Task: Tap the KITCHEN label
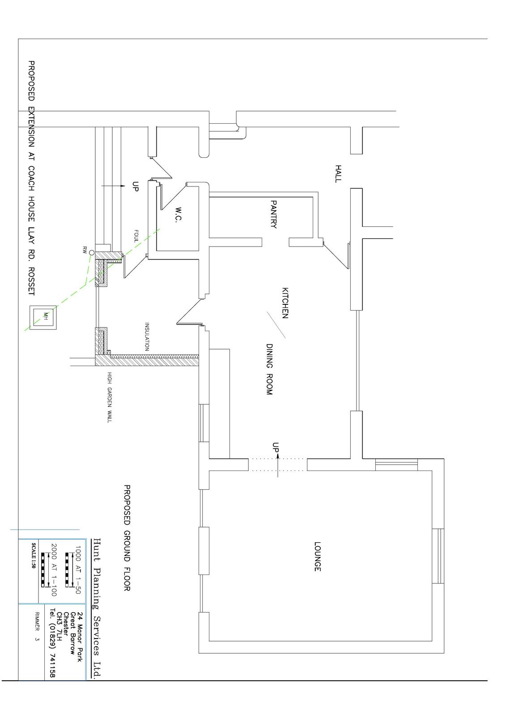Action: [x=285, y=303]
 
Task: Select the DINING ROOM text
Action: [x=269, y=369]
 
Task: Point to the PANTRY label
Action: [x=273, y=214]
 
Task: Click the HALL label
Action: [x=338, y=174]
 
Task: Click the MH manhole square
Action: [x=43, y=318]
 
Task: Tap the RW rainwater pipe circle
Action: [x=91, y=253]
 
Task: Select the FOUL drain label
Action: [x=136, y=236]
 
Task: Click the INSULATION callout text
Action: [x=147, y=337]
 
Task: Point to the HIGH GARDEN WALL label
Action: [x=109, y=397]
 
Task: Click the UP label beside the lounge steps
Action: [x=275, y=447]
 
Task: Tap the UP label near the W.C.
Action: [x=136, y=186]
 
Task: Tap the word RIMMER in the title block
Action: [x=37, y=621]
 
